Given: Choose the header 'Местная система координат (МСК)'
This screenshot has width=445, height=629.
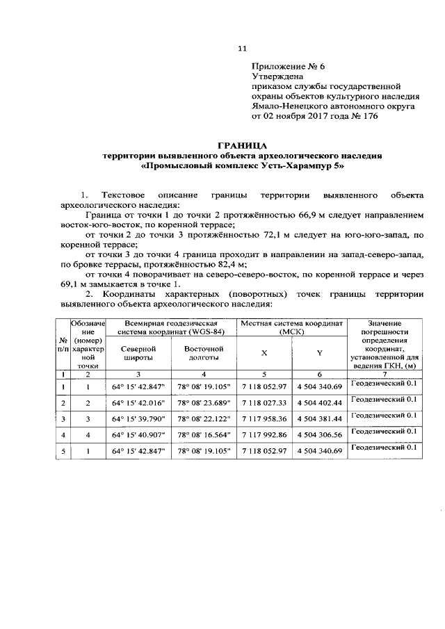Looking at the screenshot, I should (292, 327).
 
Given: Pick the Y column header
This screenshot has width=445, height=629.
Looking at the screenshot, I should (319, 353).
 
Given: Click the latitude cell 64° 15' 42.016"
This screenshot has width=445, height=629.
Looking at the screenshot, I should (140, 402).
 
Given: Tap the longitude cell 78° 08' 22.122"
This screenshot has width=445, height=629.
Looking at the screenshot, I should (204, 419).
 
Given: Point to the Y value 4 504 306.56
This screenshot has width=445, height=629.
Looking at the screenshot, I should (319, 435).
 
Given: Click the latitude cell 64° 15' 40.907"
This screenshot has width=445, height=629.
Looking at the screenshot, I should (140, 435).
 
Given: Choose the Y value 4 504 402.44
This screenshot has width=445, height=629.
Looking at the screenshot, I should (319, 402).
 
